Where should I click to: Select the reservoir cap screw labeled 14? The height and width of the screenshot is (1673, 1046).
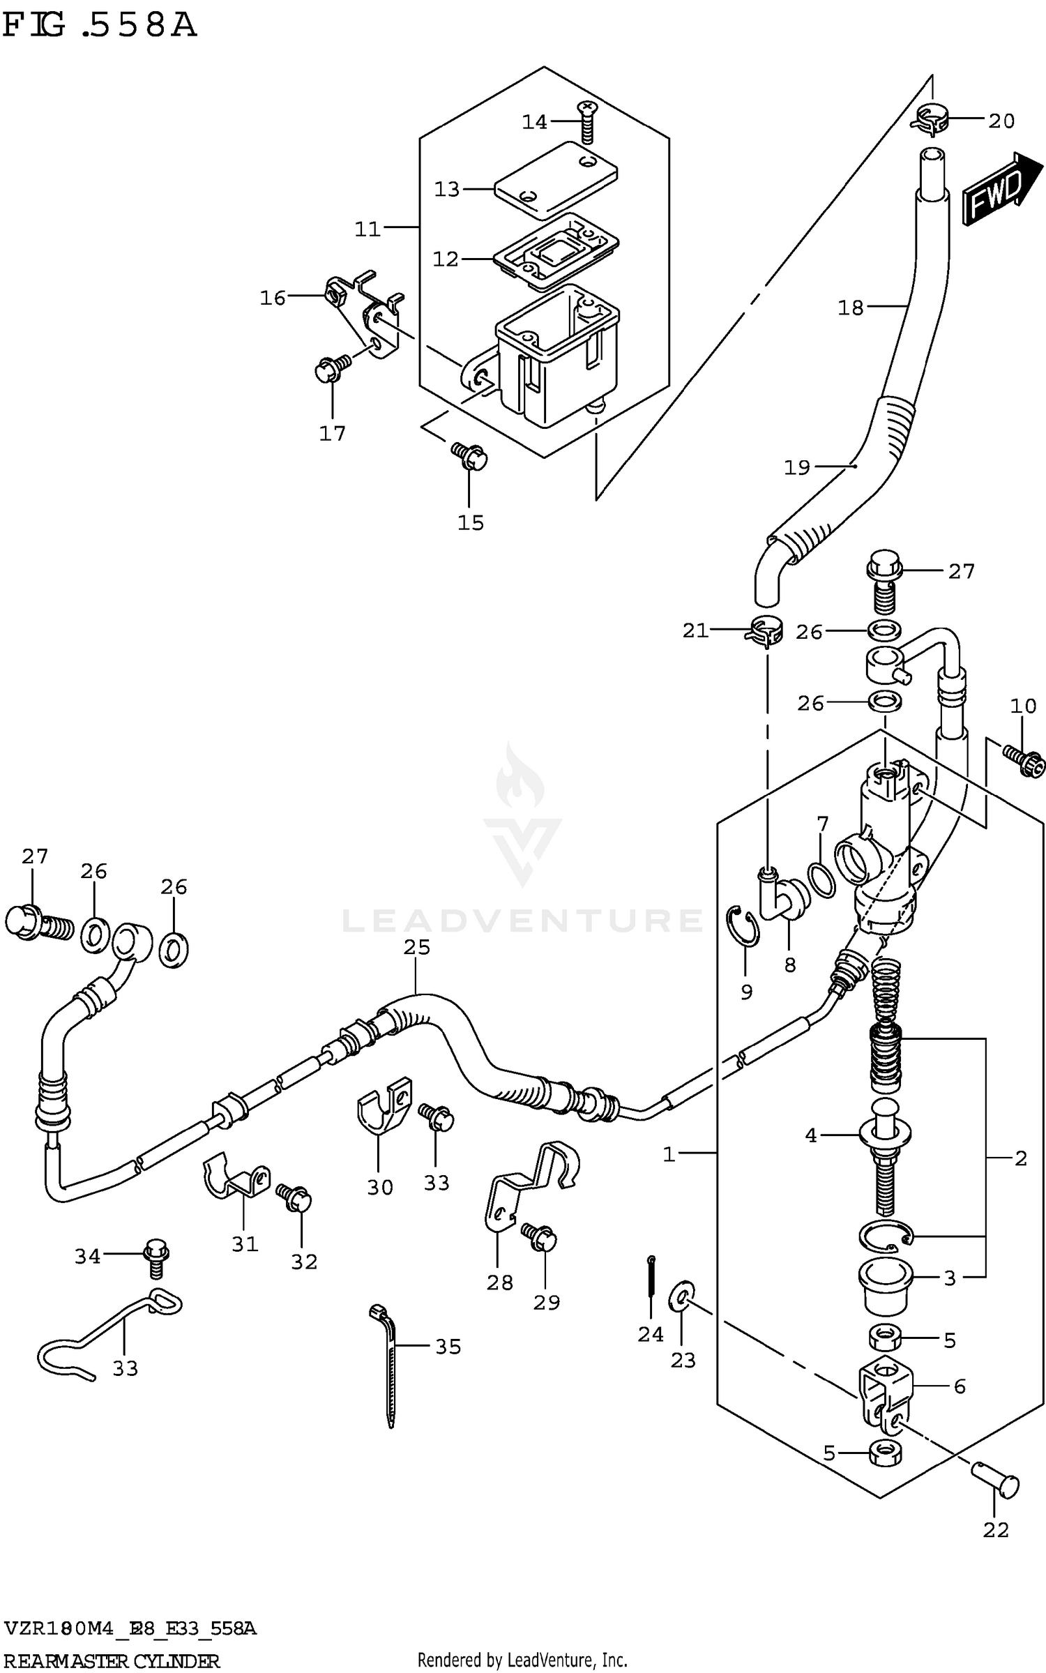[x=586, y=122]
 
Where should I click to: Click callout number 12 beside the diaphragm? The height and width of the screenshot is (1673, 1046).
[x=446, y=259]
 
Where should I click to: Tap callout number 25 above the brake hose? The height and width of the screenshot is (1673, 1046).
[x=416, y=947]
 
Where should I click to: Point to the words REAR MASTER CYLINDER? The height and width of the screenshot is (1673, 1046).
[x=112, y=1661]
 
